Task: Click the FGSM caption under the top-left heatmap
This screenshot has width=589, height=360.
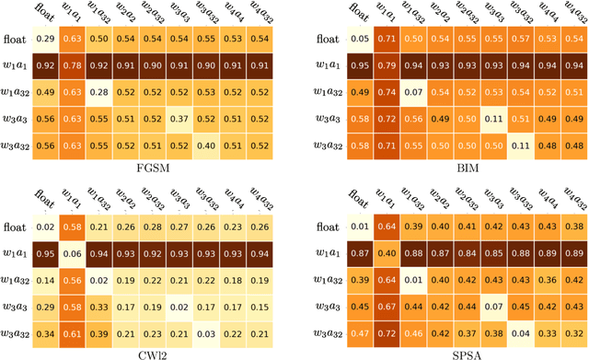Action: click(167, 168)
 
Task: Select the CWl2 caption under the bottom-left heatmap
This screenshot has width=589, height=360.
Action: click(167, 351)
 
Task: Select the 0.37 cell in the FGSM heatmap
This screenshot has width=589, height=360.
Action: click(183, 119)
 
